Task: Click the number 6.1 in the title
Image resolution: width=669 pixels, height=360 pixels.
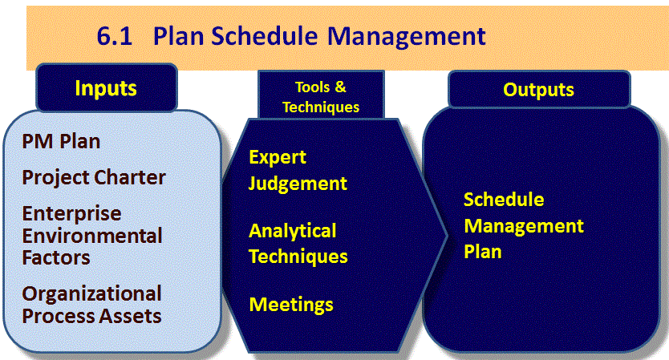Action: pyautogui.click(x=115, y=36)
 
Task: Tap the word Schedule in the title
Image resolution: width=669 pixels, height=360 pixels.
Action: pyautogui.click(x=264, y=36)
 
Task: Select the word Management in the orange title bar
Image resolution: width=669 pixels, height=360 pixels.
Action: pyautogui.click(x=407, y=37)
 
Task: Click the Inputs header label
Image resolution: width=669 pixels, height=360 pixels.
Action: pyautogui.click(x=106, y=88)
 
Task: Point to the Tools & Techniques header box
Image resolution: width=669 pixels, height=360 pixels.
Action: pyautogui.click(x=321, y=95)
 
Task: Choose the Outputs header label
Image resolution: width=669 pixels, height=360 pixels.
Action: pyautogui.click(x=538, y=90)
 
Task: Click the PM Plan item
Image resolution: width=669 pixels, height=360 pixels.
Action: pyautogui.click(x=61, y=141)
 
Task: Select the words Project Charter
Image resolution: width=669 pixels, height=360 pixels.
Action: pyautogui.click(x=94, y=178)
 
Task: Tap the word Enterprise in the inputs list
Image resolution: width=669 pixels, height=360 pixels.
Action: pyautogui.click(x=71, y=214)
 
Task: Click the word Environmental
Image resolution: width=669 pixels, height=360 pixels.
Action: pyautogui.click(x=92, y=236)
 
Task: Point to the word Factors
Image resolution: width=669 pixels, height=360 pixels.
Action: pyautogui.click(x=56, y=257)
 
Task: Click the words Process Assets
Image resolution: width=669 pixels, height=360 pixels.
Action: pyautogui.click(x=91, y=316)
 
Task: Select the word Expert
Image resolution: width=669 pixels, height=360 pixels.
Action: pyautogui.click(x=278, y=158)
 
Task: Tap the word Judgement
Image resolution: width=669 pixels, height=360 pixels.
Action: pyautogui.click(x=298, y=184)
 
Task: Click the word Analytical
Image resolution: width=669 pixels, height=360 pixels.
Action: pyautogui.click(x=293, y=231)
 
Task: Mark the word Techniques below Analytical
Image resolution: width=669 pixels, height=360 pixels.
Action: pyautogui.click(x=298, y=257)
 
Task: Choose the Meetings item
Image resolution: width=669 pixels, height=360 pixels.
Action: pyautogui.click(x=291, y=305)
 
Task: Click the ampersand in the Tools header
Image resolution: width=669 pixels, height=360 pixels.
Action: pyautogui.click(x=340, y=87)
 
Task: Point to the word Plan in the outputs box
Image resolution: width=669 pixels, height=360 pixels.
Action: pyautogui.click(x=483, y=252)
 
